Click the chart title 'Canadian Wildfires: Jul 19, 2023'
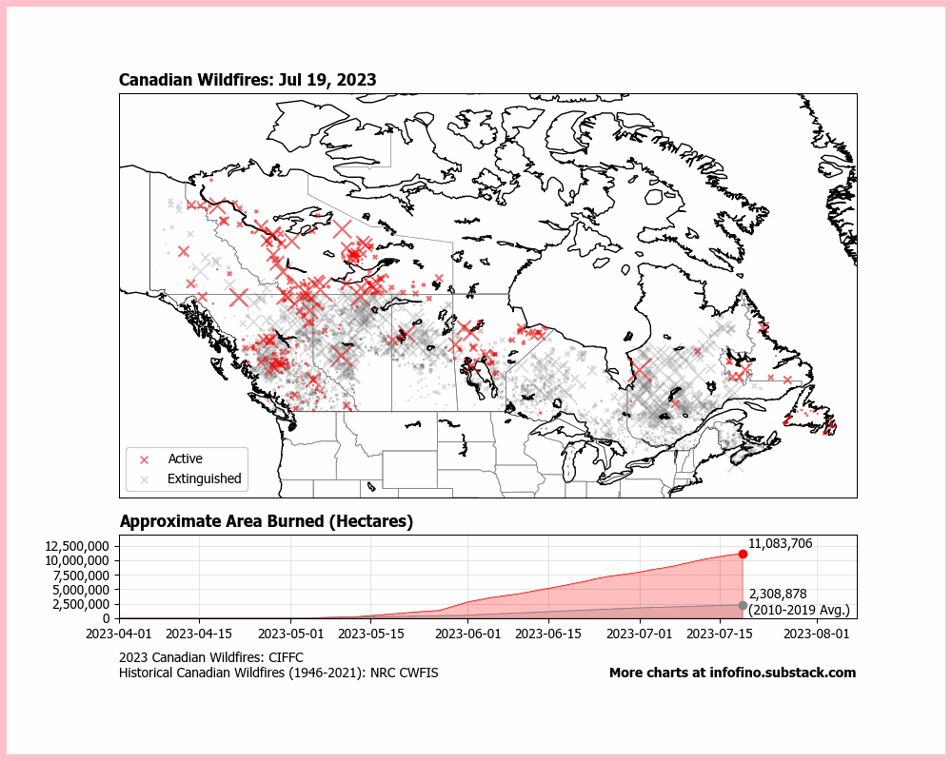(x=248, y=80)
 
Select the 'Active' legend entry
(x=185, y=459)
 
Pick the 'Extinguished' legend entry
(x=204, y=478)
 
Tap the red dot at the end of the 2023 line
(x=743, y=554)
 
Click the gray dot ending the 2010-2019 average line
(x=743, y=605)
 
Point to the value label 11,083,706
(x=780, y=543)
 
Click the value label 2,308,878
(x=777, y=594)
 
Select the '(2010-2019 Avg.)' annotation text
(x=799, y=610)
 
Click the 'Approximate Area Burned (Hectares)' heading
(x=266, y=521)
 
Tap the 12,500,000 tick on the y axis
(x=78, y=546)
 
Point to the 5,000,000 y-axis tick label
(x=82, y=590)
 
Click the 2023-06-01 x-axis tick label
(x=469, y=632)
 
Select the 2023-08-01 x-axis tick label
(x=818, y=632)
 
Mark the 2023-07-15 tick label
(x=724, y=632)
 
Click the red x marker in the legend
(x=145, y=459)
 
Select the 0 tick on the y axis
(x=108, y=618)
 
